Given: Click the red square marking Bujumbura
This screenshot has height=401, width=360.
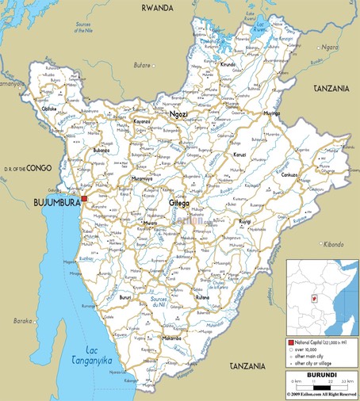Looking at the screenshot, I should [84, 198].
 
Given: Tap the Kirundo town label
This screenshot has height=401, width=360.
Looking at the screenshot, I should [228, 64].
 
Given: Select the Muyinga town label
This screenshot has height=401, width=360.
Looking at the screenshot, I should [270, 113].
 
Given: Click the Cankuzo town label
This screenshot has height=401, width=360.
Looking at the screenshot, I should [289, 175].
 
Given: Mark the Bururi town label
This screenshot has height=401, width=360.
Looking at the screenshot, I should [125, 296].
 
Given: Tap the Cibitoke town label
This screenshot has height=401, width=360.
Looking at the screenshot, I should [49, 109].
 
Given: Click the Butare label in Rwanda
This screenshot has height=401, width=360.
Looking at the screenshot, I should [142, 64].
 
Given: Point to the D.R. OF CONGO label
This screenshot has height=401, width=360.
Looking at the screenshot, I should [27, 169].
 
